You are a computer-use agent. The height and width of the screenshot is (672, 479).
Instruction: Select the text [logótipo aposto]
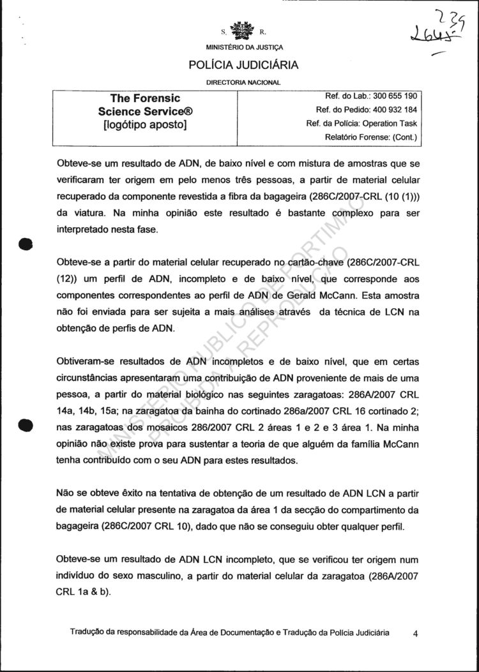click(x=145, y=125)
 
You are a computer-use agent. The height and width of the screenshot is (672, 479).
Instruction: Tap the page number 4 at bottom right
click(x=416, y=634)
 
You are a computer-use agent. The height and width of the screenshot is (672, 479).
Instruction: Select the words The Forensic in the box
click(x=145, y=98)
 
